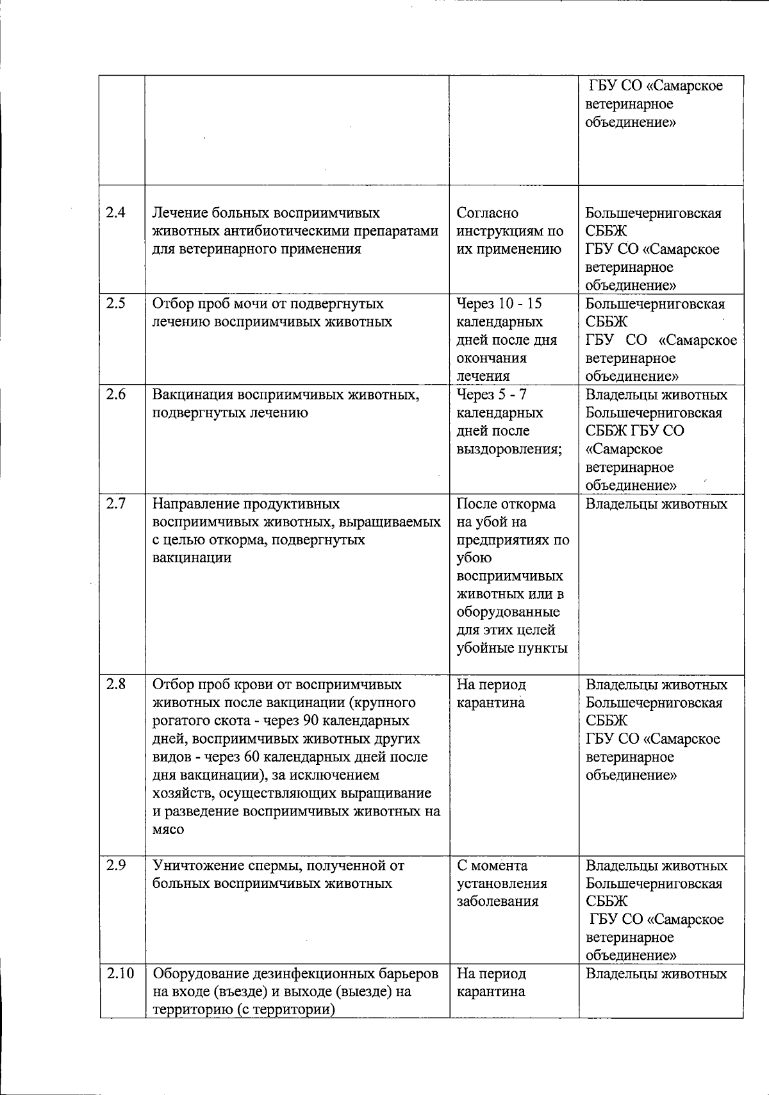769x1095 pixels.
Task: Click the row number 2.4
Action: tap(115, 213)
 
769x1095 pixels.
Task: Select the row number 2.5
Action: tap(115, 304)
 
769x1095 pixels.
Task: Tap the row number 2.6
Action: tap(115, 395)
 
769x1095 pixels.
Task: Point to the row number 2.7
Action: tap(115, 504)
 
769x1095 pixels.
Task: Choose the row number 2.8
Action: tap(115, 685)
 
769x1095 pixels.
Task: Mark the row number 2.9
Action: tap(115, 865)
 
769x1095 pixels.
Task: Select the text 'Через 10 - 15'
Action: tap(499, 304)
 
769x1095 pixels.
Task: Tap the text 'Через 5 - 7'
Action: tap(492, 395)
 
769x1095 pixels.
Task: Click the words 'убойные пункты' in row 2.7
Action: tap(512, 648)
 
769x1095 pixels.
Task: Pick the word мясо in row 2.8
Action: tap(168, 830)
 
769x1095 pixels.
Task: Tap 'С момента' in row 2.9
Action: tap(492, 865)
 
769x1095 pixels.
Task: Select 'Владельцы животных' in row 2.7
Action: tap(657, 504)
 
